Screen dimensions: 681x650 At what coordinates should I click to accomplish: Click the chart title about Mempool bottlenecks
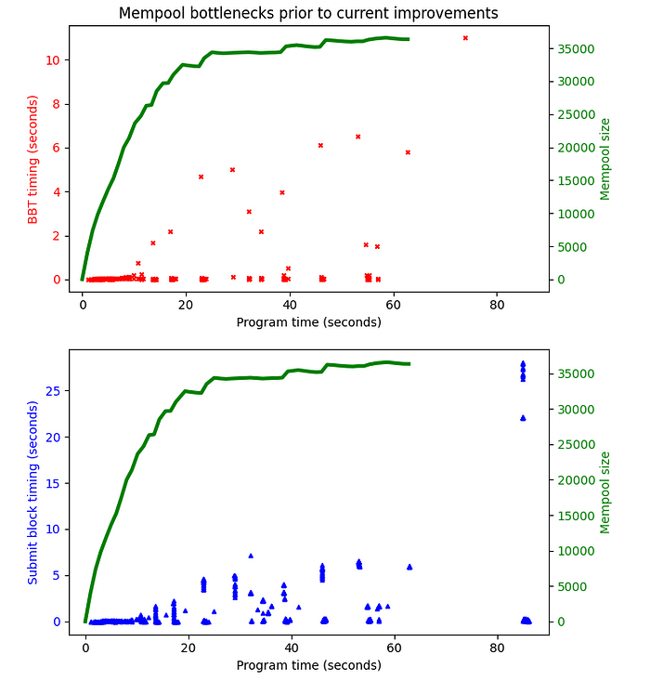pos(308,13)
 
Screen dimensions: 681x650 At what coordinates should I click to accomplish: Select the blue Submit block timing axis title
pos(33,492)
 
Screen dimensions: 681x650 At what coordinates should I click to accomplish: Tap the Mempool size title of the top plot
pos(605,159)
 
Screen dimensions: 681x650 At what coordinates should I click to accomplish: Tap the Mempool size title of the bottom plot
pos(605,492)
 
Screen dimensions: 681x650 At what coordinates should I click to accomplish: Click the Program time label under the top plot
pos(308,322)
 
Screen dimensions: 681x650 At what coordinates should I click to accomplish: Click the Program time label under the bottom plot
pos(308,665)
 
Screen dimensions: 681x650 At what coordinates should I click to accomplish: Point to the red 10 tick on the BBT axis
pos(54,60)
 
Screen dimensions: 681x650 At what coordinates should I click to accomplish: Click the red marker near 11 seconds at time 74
pos(465,38)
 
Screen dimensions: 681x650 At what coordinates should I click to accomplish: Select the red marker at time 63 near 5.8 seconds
pos(408,152)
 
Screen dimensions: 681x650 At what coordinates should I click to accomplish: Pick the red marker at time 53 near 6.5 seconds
pos(357,137)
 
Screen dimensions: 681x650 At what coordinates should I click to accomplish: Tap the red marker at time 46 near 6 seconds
pos(320,146)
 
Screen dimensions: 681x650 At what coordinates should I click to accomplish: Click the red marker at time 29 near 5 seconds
pos(232,170)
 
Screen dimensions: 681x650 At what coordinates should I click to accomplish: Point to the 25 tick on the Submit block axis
pos(54,391)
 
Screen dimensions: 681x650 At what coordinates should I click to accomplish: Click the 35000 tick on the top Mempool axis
pos(573,49)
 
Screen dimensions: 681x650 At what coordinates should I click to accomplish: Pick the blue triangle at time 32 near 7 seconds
pos(251,556)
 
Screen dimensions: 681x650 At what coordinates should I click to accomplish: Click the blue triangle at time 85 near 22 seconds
pos(523,418)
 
